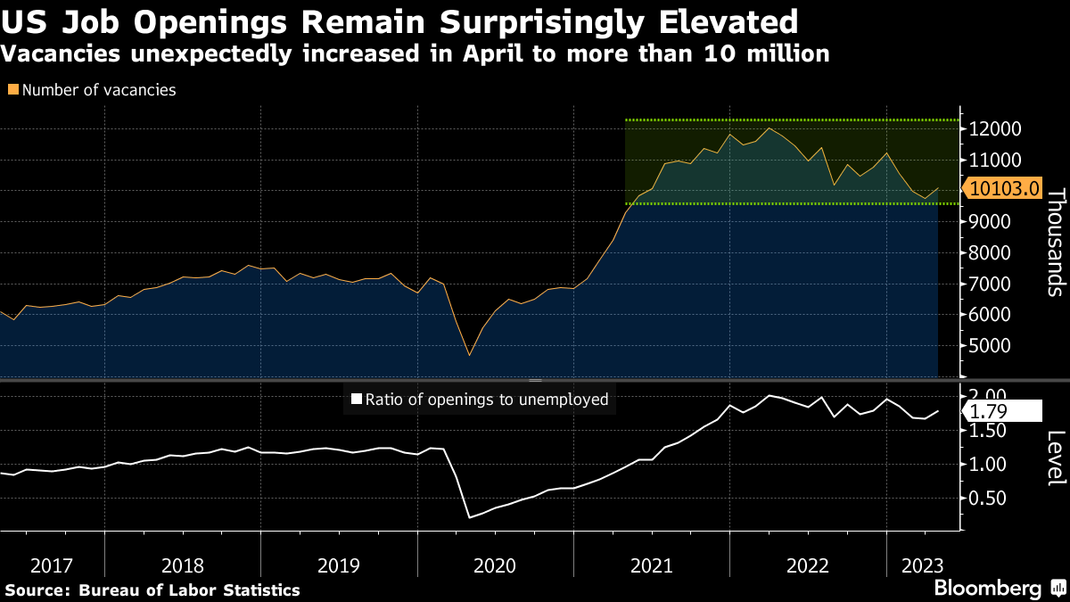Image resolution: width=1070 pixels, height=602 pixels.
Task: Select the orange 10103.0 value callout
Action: pyautogui.click(x=1004, y=188)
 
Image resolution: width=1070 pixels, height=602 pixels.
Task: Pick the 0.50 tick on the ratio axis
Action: pyautogui.click(x=989, y=498)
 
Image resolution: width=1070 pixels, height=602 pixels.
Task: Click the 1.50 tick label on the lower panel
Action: pyautogui.click(x=989, y=431)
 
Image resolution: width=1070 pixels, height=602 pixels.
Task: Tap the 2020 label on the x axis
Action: pyautogui.click(x=495, y=565)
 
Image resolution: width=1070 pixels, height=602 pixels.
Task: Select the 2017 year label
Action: pyautogui.click(x=52, y=565)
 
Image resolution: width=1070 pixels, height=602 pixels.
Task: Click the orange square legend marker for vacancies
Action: pyautogui.click(x=12, y=90)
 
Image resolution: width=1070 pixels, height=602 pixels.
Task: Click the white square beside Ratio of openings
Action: pyautogui.click(x=357, y=400)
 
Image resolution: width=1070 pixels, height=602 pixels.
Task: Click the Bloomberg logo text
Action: pyautogui.click(x=987, y=589)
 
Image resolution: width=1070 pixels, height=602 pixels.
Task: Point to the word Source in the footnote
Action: pyautogui.click(x=37, y=590)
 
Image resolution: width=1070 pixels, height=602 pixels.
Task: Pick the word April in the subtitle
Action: pyautogui.click(x=492, y=54)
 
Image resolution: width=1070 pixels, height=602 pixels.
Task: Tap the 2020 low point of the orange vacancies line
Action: pyautogui.click(x=469, y=356)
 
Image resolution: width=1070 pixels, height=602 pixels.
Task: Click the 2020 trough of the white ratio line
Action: pyautogui.click(x=469, y=516)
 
